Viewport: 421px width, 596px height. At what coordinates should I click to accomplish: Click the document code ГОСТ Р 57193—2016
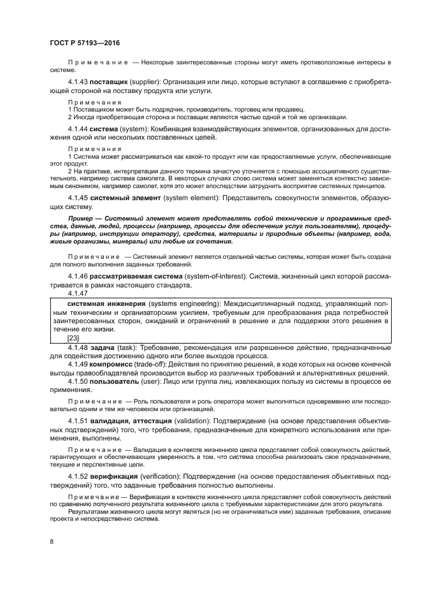[85, 42]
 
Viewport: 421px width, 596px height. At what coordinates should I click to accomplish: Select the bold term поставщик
[109, 82]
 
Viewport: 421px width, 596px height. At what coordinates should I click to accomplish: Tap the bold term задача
[103, 347]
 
